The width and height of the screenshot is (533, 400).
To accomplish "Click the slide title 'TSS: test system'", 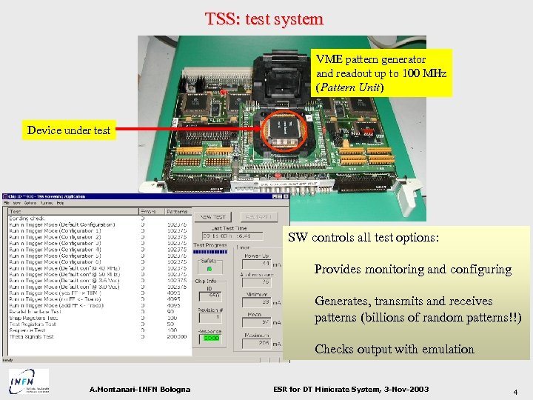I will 264,19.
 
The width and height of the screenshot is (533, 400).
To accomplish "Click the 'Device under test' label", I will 69,130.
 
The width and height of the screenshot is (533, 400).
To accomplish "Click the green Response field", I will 212,338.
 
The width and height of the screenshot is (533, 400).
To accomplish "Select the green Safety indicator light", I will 209,269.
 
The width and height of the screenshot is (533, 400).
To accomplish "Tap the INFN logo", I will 29,381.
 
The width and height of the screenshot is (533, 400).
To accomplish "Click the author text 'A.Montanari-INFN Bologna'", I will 140,390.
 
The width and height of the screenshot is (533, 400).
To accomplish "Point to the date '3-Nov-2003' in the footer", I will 400,390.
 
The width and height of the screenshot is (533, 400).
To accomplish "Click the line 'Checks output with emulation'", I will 394,350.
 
